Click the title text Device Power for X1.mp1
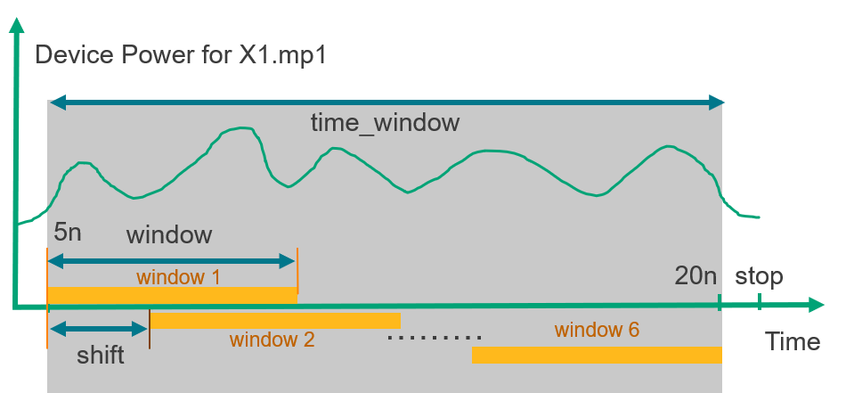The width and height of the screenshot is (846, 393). tap(181, 55)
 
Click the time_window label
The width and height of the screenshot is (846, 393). tap(385, 123)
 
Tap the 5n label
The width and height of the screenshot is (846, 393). tap(68, 233)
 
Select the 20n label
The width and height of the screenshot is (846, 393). tap(696, 276)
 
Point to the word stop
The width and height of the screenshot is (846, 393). tap(759, 276)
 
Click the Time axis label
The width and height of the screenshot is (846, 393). tap(793, 341)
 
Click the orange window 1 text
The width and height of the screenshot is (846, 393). tap(178, 277)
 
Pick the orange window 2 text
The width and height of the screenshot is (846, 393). tap(272, 340)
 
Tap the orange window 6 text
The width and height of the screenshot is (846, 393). tap(597, 330)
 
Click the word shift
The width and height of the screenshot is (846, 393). tap(101, 356)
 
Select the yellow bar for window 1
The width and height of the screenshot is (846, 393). tap(172, 295)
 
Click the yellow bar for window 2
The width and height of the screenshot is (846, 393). tap(275, 321)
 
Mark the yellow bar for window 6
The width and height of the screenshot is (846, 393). tap(597, 355)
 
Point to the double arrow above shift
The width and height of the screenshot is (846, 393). tap(98, 328)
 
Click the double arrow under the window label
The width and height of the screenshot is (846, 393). tap(172, 262)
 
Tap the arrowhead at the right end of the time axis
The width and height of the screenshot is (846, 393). tap(817, 305)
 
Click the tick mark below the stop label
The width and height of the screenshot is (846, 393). tap(759, 301)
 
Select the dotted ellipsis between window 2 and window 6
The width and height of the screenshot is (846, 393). tap(435, 338)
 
